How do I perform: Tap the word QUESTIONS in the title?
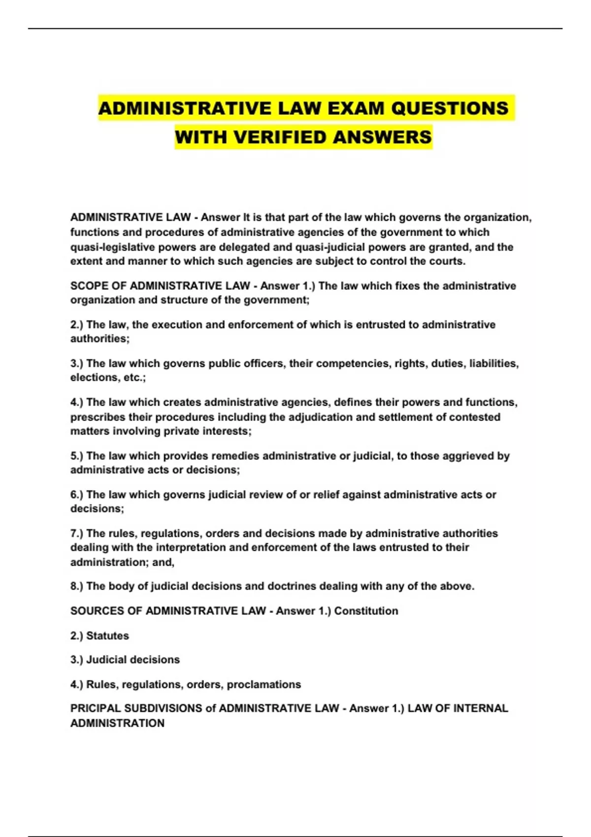pyautogui.click(x=450, y=108)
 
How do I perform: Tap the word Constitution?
pyautogui.click(x=366, y=611)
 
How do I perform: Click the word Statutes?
pyautogui.click(x=107, y=636)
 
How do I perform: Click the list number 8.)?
pyautogui.click(x=77, y=586)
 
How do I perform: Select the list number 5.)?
pyautogui.click(x=77, y=456)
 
